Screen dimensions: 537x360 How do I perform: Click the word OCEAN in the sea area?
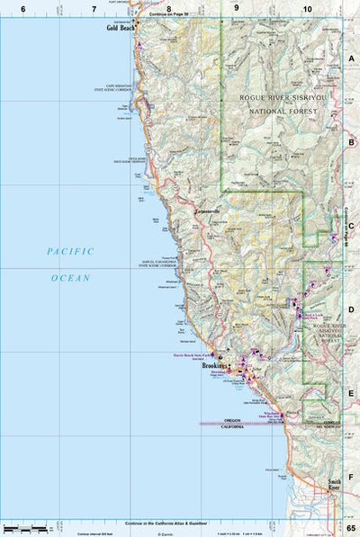pos(70,278)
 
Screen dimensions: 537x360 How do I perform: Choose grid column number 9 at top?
pos(237,8)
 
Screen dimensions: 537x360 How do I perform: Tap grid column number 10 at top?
pos(308,8)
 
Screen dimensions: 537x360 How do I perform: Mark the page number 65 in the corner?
pos(351,529)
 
